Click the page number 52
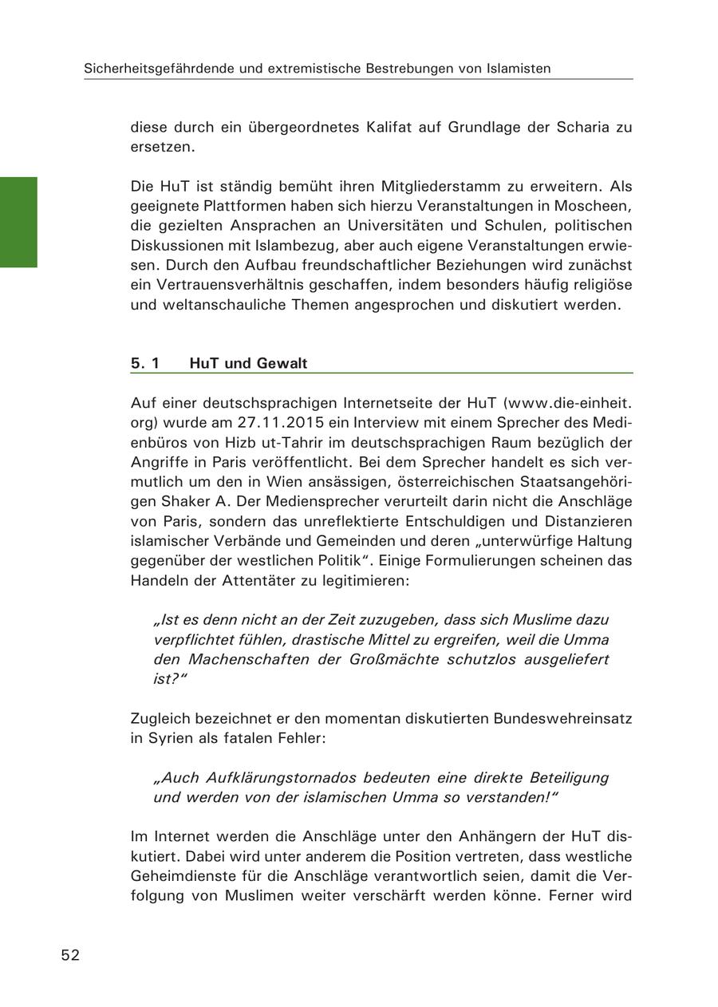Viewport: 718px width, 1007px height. [70, 955]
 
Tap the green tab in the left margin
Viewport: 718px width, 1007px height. [18, 222]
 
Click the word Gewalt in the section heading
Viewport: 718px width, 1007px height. [282, 364]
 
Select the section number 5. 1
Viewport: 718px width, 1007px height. [145, 364]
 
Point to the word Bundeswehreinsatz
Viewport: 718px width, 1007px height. [562, 718]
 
